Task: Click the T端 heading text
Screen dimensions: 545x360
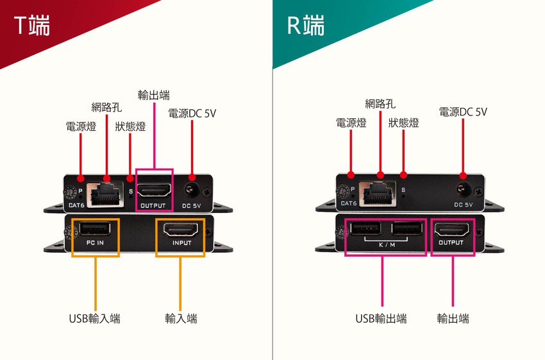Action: click(32, 25)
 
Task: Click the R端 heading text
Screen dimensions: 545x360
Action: click(305, 25)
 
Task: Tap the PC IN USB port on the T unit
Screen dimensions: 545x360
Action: click(95, 229)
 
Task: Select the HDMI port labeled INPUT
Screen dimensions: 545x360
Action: click(181, 229)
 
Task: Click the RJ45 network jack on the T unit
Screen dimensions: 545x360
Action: click(105, 194)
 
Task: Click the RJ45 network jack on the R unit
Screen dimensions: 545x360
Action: click(378, 193)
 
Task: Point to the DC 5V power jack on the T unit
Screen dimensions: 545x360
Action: click(190, 190)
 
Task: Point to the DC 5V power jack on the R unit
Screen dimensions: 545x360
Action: click(462, 189)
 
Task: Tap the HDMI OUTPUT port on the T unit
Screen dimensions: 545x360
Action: click(154, 190)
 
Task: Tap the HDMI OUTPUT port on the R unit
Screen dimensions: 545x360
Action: click(451, 230)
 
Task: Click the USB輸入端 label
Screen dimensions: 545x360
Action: click(94, 318)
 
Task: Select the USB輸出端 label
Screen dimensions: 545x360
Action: click(381, 318)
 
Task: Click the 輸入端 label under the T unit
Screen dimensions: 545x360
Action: click(181, 318)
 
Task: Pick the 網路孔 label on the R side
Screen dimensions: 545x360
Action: click(380, 104)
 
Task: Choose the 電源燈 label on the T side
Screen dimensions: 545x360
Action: click(81, 126)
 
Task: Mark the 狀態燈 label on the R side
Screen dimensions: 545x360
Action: click(403, 123)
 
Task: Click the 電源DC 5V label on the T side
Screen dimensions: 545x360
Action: click(192, 113)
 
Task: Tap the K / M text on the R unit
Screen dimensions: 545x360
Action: click(387, 245)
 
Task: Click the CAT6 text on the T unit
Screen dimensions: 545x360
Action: click(76, 205)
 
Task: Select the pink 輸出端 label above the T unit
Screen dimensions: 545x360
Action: click(154, 95)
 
